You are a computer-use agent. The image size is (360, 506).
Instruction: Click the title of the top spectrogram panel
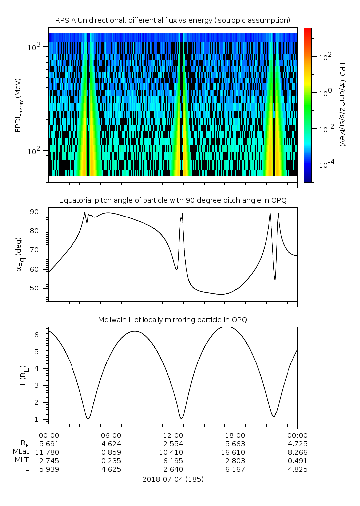pos(172,20)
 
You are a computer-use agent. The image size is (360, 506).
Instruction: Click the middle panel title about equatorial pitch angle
pos(172,200)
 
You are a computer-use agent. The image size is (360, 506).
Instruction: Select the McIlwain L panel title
pos(172,320)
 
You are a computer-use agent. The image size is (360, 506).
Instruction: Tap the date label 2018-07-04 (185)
pos(172,479)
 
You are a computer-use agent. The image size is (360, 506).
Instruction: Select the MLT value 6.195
pos(172,461)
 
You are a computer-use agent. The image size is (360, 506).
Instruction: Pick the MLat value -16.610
pos(235,452)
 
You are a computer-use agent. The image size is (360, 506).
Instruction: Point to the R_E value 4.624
pos(110,443)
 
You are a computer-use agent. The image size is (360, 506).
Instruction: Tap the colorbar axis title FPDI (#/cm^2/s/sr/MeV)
pos(343,104)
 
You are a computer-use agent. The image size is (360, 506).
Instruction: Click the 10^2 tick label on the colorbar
pos(325,57)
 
